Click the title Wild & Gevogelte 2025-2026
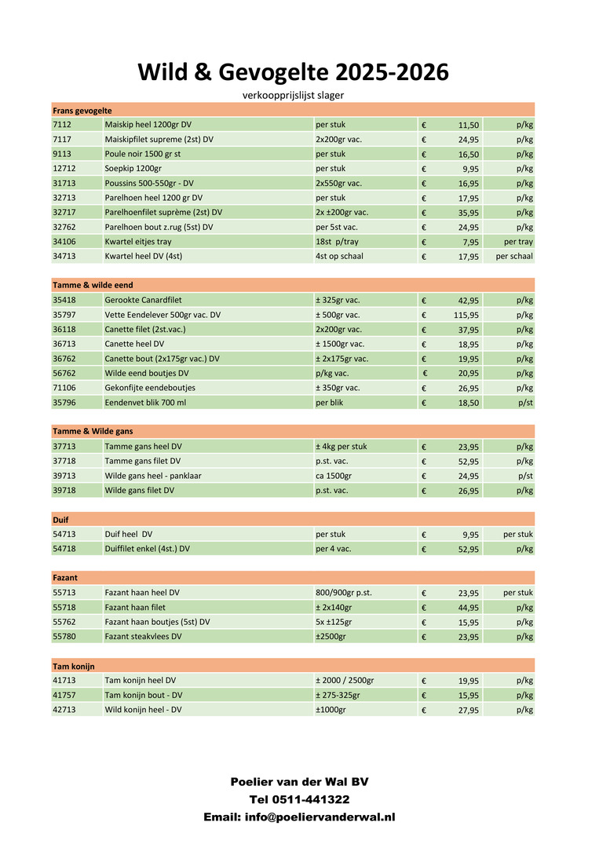294,72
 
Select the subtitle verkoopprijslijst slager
294,95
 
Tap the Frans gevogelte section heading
82,110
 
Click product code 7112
62,125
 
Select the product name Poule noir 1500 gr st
143,154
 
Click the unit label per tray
518,242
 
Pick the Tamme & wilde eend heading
87,285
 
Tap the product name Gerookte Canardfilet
149,300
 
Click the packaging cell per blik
331,402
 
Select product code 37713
64,446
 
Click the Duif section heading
61,519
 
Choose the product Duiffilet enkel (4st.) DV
147,549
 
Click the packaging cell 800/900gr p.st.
344,593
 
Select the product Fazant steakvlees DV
143,636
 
